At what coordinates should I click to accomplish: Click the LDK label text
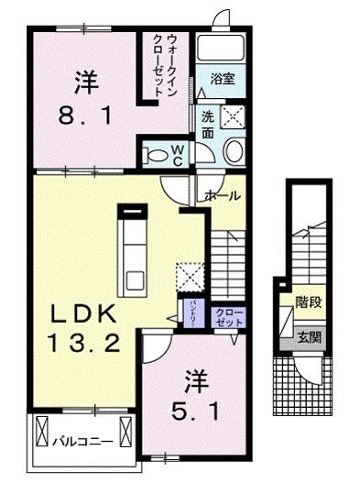(82, 313)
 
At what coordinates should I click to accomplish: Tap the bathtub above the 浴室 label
(219, 49)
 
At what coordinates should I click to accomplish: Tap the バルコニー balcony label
(82, 440)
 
